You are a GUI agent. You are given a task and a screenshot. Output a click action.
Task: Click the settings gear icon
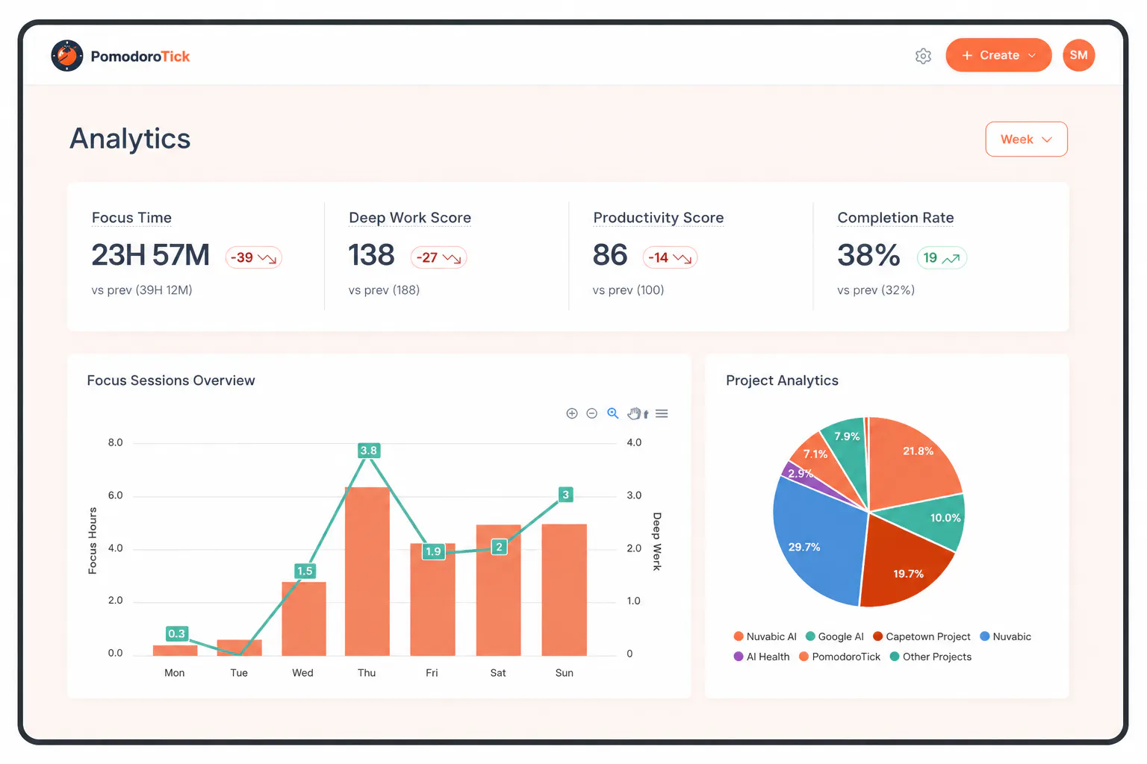[x=923, y=56]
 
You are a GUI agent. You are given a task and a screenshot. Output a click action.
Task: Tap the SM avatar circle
[x=1078, y=55]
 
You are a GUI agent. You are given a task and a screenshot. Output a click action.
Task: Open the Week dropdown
[x=1026, y=140]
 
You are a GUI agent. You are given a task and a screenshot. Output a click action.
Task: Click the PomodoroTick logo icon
[x=67, y=56]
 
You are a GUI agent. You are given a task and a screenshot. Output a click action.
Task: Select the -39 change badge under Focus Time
[x=253, y=257]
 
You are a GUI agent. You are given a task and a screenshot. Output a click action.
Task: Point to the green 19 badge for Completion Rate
[x=942, y=258]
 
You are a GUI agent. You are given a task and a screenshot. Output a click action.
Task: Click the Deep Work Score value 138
[x=371, y=255]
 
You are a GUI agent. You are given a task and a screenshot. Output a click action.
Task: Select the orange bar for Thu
[x=367, y=571]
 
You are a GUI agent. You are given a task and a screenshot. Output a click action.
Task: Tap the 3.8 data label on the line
[x=369, y=451]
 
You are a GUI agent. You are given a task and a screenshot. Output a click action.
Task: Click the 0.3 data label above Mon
[x=177, y=633]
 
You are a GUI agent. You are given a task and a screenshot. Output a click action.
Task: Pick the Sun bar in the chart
[x=565, y=589]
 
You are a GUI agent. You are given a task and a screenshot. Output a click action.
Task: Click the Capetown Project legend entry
[x=921, y=636]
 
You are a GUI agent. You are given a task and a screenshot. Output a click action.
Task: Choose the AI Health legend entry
[x=762, y=657]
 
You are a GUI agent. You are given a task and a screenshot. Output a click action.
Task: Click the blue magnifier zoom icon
[x=612, y=413]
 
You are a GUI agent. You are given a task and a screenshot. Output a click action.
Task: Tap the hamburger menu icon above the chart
[x=662, y=413]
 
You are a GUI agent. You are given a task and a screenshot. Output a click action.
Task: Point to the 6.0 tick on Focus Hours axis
[x=115, y=495]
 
